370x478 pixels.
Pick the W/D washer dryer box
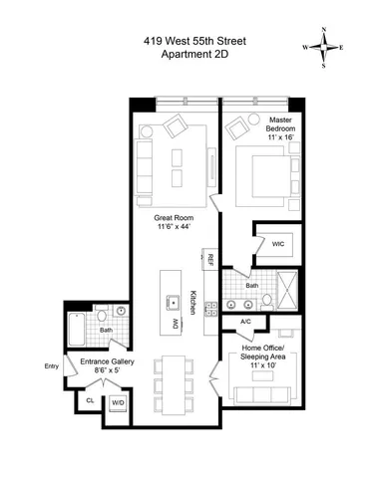(118, 402)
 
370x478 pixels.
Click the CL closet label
(89, 399)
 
